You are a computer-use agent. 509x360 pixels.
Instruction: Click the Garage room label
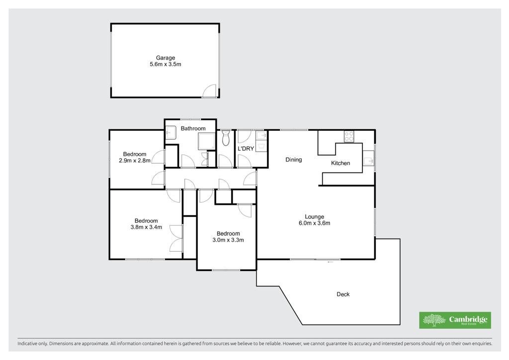click(x=166, y=58)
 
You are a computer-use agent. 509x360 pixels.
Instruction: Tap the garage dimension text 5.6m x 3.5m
click(x=166, y=64)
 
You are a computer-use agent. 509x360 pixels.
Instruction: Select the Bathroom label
click(x=193, y=129)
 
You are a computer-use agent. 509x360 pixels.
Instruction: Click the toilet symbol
click(x=226, y=138)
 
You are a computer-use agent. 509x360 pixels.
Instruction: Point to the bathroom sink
click(x=171, y=133)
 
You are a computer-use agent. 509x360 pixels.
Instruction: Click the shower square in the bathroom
click(x=207, y=141)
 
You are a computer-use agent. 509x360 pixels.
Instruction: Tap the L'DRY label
click(x=246, y=149)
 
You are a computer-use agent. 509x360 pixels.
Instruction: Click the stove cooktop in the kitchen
click(x=349, y=136)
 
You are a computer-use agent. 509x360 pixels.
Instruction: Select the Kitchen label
click(x=340, y=163)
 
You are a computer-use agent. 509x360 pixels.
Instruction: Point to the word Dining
click(x=294, y=160)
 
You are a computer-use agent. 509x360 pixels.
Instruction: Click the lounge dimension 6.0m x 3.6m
click(x=315, y=223)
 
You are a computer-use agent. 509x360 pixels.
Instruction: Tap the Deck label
click(x=343, y=294)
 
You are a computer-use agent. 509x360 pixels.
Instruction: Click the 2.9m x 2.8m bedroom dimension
click(x=135, y=161)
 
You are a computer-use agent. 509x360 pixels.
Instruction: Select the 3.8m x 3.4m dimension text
click(x=147, y=227)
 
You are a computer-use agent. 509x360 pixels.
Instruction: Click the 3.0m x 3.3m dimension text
click(x=228, y=240)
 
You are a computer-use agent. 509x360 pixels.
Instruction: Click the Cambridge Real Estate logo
click(x=455, y=320)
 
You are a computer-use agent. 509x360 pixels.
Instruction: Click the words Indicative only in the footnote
click(x=32, y=344)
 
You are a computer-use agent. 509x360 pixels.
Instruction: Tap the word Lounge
click(x=315, y=217)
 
